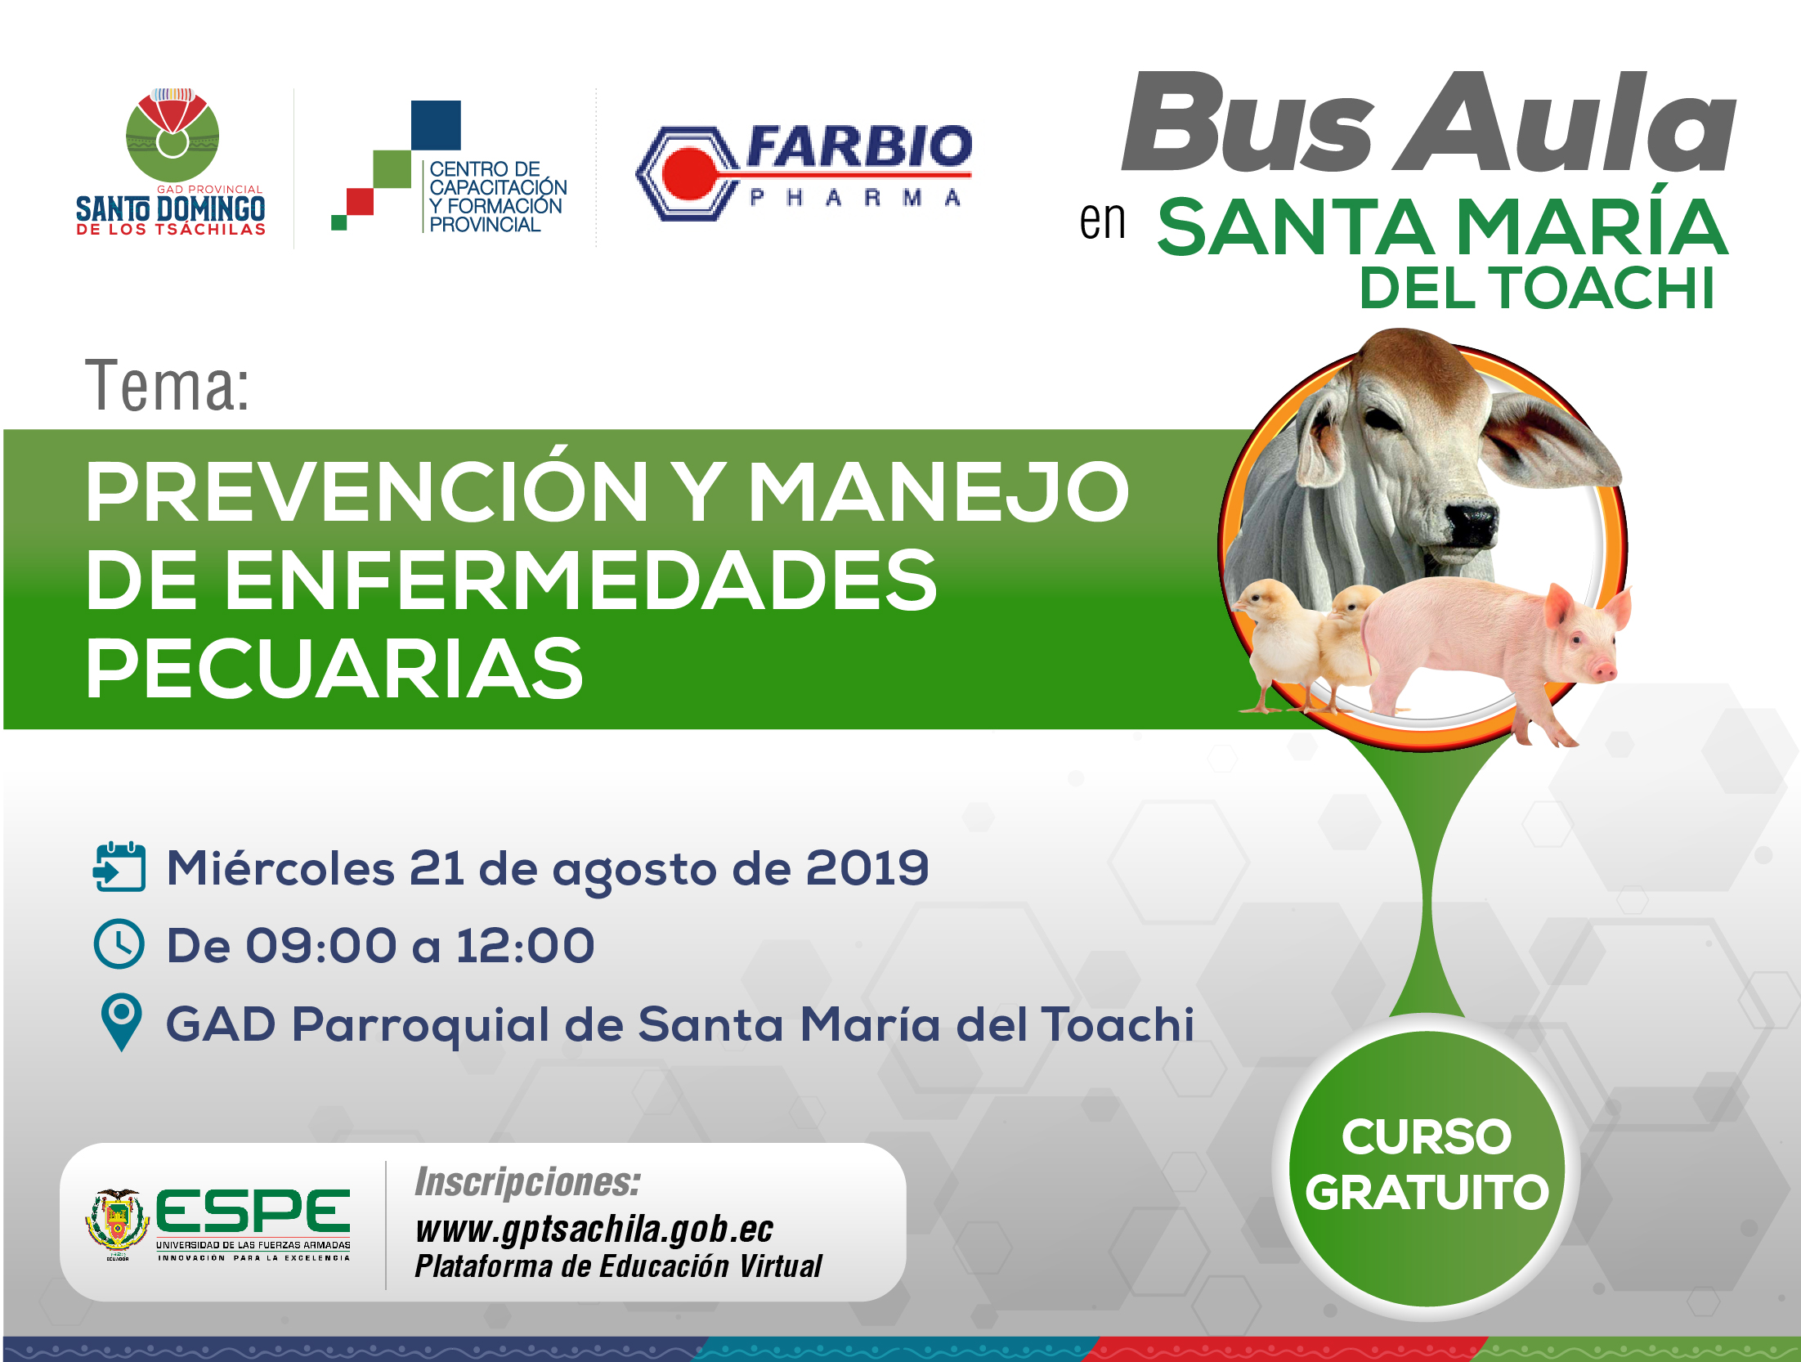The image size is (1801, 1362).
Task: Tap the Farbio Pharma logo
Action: pyautogui.click(x=804, y=172)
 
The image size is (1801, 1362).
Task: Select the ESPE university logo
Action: pyautogui.click(x=219, y=1224)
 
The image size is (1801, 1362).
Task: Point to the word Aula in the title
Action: pyautogui.click(x=1566, y=122)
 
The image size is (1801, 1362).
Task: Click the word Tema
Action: pyautogui.click(x=168, y=385)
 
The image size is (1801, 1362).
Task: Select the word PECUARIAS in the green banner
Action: pyautogui.click(x=334, y=668)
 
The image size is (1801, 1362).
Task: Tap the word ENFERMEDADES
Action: pyautogui.click(x=511, y=580)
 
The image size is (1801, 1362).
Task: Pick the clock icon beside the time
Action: pyautogui.click(x=119, y=943)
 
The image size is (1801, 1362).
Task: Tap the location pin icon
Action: pyautogui.click(x=121, y=1022)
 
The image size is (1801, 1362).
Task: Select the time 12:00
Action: pyautogui.click(x=525, y=945)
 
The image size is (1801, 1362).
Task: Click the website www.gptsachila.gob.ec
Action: pyautogui.click(x=594, y=1229)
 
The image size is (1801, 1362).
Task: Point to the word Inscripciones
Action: pyautogui.click(x=527, y=1182)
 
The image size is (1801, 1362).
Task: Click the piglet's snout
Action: pyautogui.click(x=1603, y=670)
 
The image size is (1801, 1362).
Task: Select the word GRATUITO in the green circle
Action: pyautogui.click(x=1427, y=1192)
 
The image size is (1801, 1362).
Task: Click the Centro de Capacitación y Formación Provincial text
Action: pyautogui.click(x=498, y=196)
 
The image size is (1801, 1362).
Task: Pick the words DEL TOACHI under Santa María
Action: pyautogui.click(x=1537, y=288)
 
